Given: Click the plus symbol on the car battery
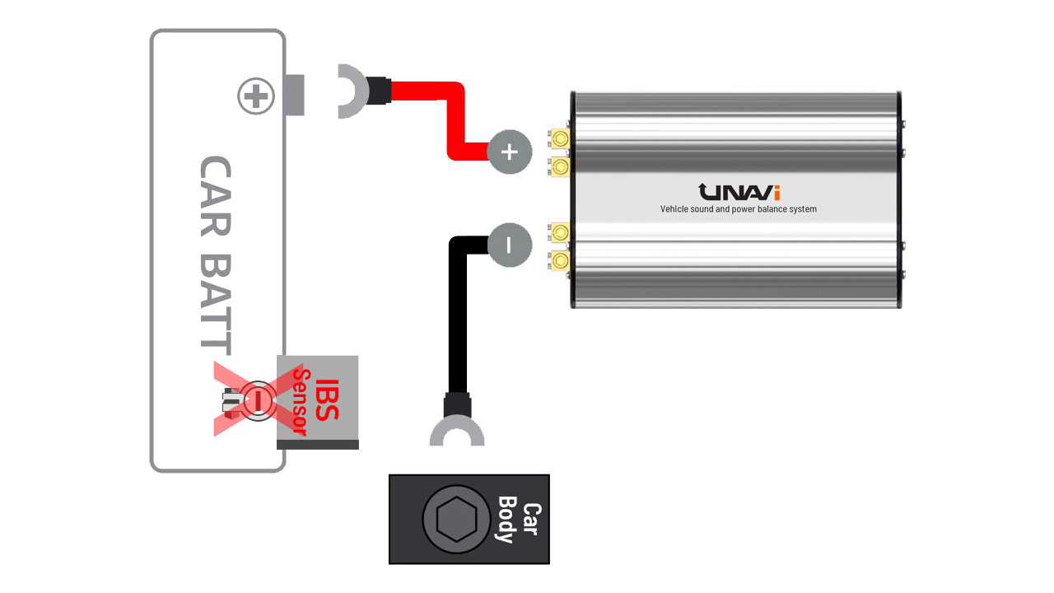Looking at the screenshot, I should [x=256, y=97].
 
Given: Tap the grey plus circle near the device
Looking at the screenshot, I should [x=510, y=152].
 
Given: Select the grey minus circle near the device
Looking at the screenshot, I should [x=509, y=245].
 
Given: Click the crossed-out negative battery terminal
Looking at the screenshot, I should [x=257, y=399].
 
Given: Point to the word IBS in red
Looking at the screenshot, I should [x=327, y=399].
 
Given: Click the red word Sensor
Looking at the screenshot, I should [x=302, y=402].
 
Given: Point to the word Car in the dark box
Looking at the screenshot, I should [x=532, y=519].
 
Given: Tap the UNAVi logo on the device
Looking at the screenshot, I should [x=739, y=192].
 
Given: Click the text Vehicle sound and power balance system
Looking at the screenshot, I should [x=739, y=209].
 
